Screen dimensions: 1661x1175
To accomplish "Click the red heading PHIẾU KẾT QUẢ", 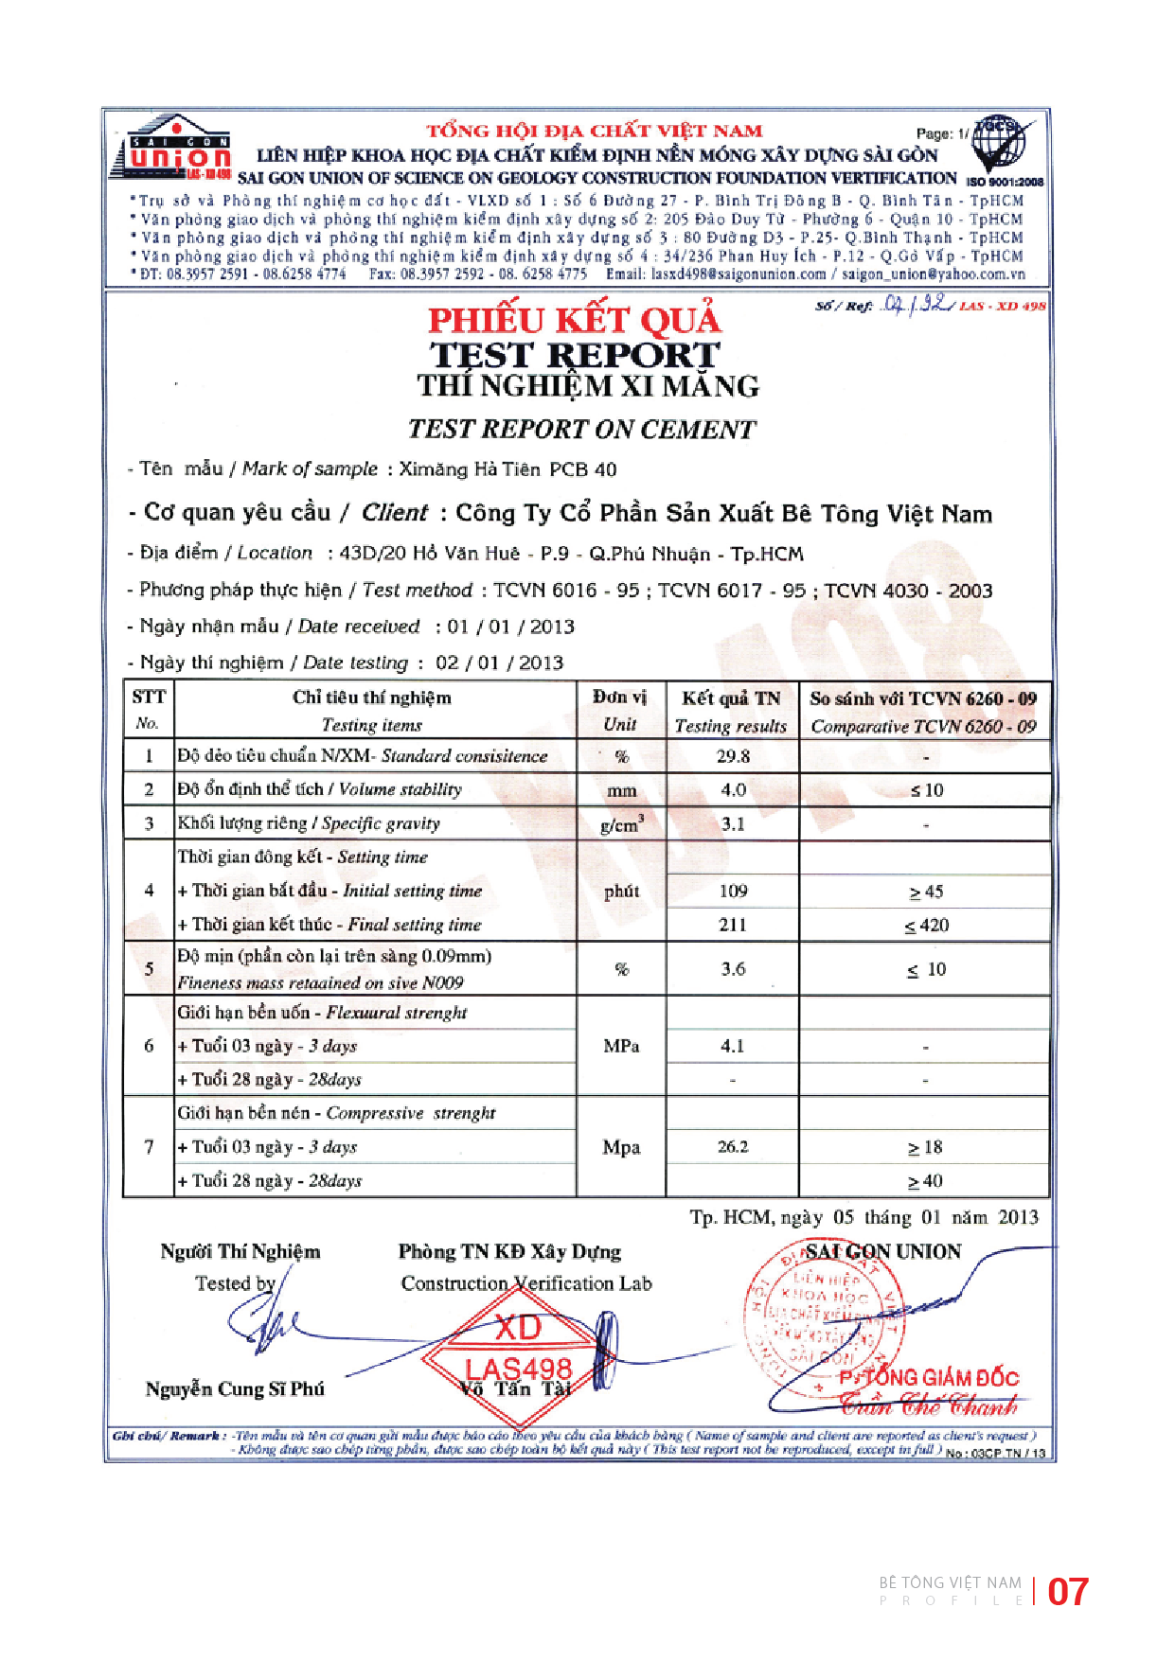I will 574,321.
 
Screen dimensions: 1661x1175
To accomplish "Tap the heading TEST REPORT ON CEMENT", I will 581,430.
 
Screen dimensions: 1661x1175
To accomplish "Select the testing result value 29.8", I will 733,756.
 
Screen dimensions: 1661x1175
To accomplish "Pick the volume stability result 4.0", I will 733,790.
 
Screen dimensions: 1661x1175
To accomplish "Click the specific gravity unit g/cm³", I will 622,824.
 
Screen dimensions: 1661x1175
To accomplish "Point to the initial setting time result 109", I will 733,891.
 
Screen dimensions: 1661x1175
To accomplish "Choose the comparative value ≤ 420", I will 926,926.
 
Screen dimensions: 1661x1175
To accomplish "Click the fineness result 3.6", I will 733,969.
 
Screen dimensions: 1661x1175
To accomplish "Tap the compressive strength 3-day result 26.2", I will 733,1147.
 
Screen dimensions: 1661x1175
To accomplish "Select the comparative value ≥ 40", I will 925,1181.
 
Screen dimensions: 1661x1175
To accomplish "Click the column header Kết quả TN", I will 731,698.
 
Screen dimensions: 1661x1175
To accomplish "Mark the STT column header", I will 149,698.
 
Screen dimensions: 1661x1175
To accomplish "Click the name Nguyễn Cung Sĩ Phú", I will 235,1388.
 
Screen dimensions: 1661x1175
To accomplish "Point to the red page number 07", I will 1068,1592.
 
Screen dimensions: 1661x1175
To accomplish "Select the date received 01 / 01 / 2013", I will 511,627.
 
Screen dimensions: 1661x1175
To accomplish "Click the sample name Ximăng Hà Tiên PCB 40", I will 507,469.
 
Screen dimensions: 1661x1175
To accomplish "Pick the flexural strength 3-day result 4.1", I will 733,1046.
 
